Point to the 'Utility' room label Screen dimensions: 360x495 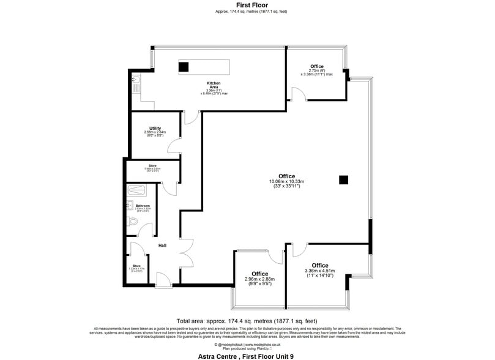pos(155,128)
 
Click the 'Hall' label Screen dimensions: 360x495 pos(162,246)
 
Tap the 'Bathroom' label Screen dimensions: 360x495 pos(143,206)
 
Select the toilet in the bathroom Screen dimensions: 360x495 pos(133,221)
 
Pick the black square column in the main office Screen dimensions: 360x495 pos(344,179)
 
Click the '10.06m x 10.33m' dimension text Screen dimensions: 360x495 pos(286,181)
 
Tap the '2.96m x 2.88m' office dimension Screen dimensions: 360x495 pos(259,279)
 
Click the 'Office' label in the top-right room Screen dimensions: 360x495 pos(316,66)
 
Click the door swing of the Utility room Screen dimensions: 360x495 pos(174,146)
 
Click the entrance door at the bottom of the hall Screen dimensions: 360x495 pos(163,280)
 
